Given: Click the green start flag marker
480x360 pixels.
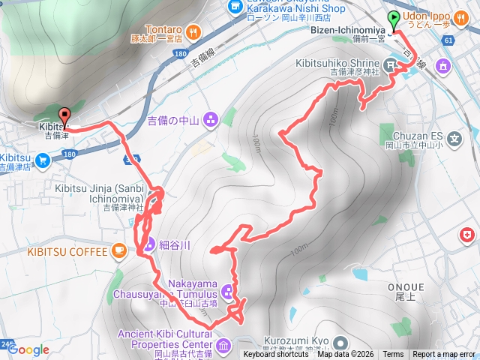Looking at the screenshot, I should [x=394, y=19].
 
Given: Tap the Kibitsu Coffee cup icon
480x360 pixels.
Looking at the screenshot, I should [x=119, y=251].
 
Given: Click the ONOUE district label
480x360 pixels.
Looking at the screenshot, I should [x=406, y=287].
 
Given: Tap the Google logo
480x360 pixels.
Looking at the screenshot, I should [x=28, y=349].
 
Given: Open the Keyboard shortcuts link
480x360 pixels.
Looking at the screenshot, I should [x=276, y=355].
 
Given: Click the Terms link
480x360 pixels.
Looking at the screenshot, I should [x=392, y=355].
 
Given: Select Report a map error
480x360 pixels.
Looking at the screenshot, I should [x=445, y=355].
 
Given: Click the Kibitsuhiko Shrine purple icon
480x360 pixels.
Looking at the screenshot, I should [x=391, y=66].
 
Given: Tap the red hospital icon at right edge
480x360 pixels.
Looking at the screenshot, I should [x=467, y=236].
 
